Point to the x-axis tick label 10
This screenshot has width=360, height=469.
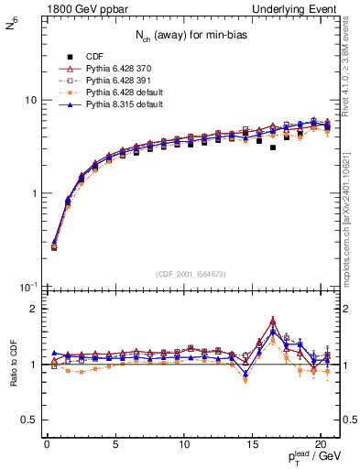(x=184, y=444)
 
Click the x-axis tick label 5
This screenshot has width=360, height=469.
(x=115, y=444)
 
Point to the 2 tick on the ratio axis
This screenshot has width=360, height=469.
(x=34, y=309)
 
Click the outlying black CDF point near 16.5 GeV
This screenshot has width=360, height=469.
(x=273, y=147)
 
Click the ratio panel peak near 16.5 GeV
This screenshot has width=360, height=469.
(x=273, y=322)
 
